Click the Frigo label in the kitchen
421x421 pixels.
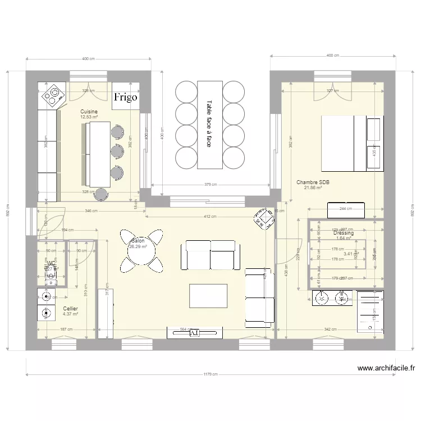pos(126,97)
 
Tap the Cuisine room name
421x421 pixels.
pos(89,112)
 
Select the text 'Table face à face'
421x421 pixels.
pos(209,124)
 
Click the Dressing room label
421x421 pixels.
pos(343,233)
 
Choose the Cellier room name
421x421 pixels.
pos(70,309)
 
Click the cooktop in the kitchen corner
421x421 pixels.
pos(52,95)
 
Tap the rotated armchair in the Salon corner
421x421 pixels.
pos(262,219)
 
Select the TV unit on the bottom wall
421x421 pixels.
pos(195,333)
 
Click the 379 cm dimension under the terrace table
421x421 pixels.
pos(209,185)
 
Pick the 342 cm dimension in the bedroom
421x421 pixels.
pos(330,330)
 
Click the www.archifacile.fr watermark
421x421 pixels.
pos(386,369)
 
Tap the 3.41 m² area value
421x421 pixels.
pos(347,254)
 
